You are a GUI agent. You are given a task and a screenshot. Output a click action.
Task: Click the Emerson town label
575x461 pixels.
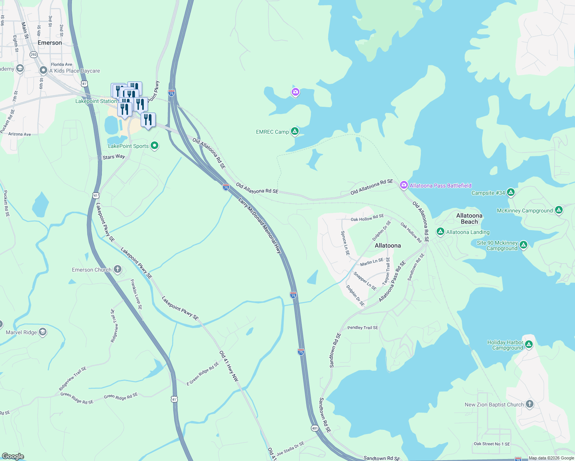pos(50,43)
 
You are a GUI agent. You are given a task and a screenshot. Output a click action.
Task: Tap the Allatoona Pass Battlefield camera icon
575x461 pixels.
pos(404,185)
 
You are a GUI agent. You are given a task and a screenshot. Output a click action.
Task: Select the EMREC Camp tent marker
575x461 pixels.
pos(295,131)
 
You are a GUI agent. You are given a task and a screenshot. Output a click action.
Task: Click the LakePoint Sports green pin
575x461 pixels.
pos(155,146)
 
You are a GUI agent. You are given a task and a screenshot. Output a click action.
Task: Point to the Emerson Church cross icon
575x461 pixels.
pos(118,269)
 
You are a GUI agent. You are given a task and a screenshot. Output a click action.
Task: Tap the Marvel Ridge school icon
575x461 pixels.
pos(43,332)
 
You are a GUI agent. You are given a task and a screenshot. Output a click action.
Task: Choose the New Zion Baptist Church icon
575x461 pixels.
pos(530,404)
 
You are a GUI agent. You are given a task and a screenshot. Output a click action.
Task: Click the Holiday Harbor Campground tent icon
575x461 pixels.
pos(529,344)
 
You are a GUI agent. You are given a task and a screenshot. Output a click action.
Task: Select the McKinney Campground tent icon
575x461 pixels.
pos(559,210)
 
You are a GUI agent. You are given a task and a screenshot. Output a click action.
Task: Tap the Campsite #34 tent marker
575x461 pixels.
pos(510,192)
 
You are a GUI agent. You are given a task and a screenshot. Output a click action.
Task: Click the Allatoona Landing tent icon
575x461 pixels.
pos(440,232)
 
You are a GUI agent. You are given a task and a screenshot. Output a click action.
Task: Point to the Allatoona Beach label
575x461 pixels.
pos(469,219)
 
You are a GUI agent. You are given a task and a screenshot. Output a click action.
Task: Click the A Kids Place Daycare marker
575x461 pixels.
pos(43,70)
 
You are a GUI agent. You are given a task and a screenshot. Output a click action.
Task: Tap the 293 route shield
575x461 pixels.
pos(33,55)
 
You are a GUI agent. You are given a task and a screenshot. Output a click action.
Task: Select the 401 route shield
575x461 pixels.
pos(315,428)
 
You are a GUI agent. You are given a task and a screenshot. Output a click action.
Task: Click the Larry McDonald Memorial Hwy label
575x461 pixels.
pos(260,226)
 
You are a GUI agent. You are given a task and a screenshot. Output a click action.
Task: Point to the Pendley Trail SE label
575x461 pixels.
pos(362,328)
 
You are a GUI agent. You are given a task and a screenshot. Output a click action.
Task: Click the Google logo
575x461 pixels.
pos(13,456)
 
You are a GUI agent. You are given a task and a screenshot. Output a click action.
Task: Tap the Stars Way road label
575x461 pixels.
pos(114,157)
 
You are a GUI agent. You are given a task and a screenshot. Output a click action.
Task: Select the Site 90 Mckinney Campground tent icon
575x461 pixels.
pos(523,245)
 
